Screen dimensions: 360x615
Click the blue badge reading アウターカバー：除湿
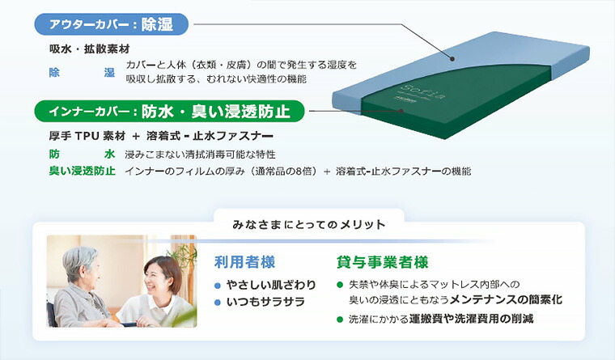tap(112, 24)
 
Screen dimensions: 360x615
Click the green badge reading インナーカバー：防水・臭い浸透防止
tap(169, 110)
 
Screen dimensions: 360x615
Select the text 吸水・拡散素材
tap(84, 49)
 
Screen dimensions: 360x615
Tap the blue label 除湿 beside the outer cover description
tap(82, 73)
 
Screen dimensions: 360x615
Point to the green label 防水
tap(82, 154)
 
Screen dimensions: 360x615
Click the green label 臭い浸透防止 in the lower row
tap(82, 171)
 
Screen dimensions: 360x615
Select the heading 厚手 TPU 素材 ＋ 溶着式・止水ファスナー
tap(160, 135)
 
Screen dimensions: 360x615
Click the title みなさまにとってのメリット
tap(308, 223)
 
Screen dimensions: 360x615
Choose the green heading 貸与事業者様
tap(382, 262)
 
